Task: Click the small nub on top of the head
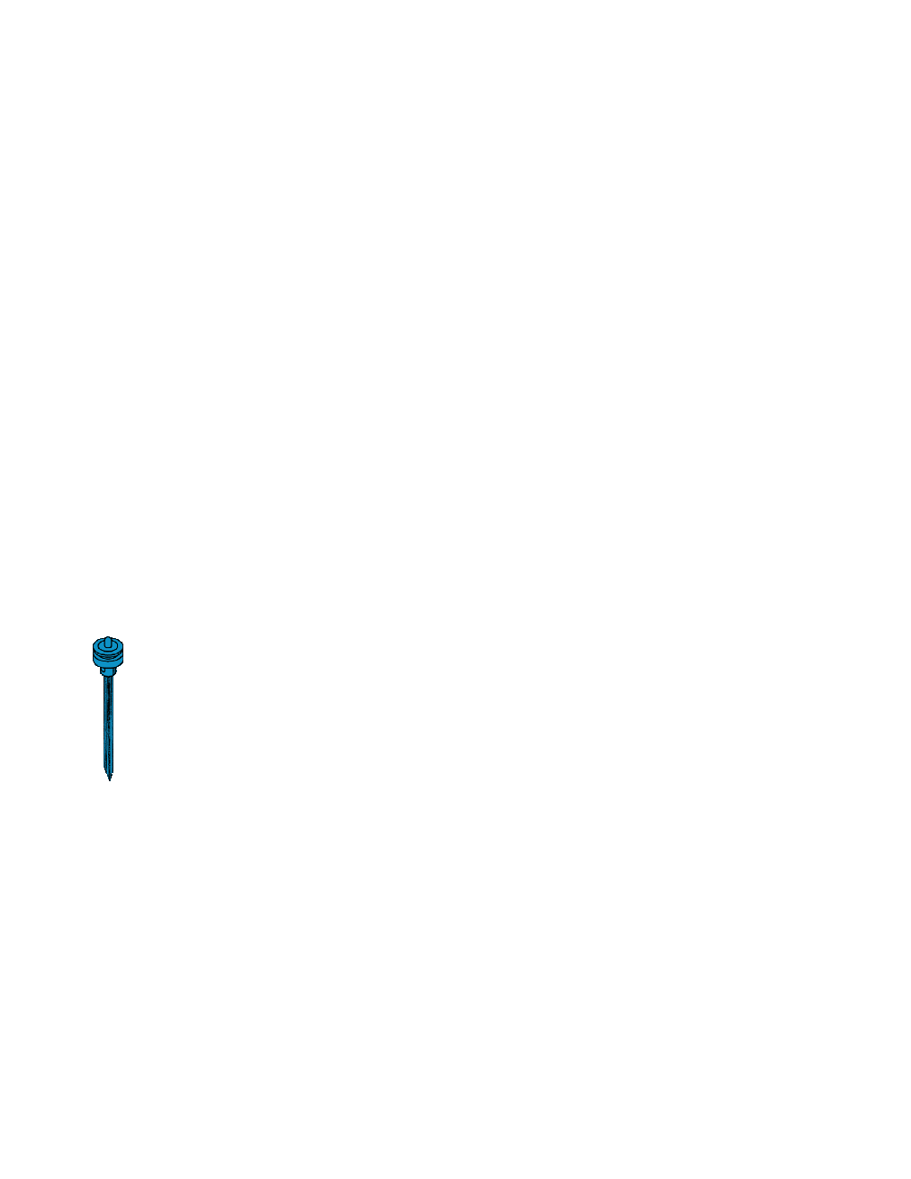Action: point(108,642)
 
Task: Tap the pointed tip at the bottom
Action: point(109,778)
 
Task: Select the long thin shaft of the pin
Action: point(108,720)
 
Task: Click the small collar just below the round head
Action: point(108,670)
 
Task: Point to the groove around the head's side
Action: point(108,657)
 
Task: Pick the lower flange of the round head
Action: point(108,662)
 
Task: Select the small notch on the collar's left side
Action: point(103,670)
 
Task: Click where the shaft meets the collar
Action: point(108,676)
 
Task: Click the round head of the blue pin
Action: point(108,652)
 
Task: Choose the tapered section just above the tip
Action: point(109,771)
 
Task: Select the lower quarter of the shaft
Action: point(108,747)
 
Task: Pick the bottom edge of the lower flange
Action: point(108,667)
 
